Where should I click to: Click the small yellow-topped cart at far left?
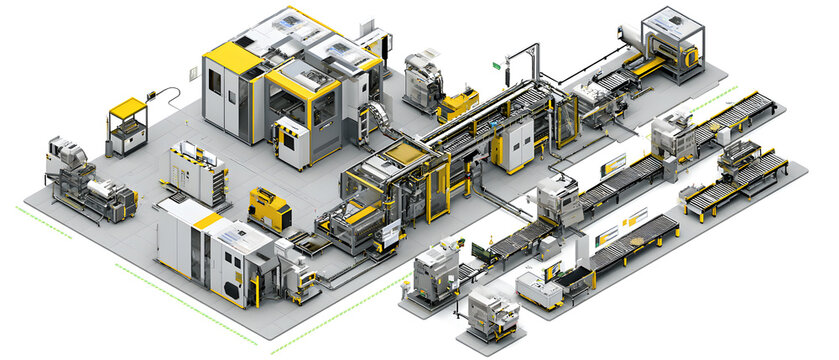tap(127, 126)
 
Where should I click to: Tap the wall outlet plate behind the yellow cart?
tap(192, 73)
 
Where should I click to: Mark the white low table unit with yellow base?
tap(540, 291)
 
